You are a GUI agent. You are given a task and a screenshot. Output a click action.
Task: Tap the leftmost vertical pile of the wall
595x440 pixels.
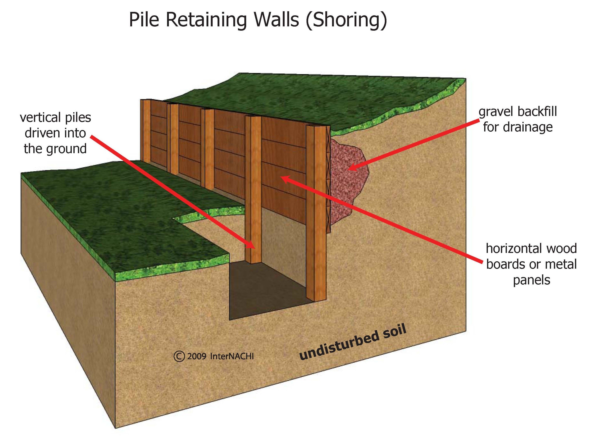[146, 130]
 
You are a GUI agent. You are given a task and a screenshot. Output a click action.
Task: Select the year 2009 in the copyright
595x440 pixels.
[196, 356]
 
